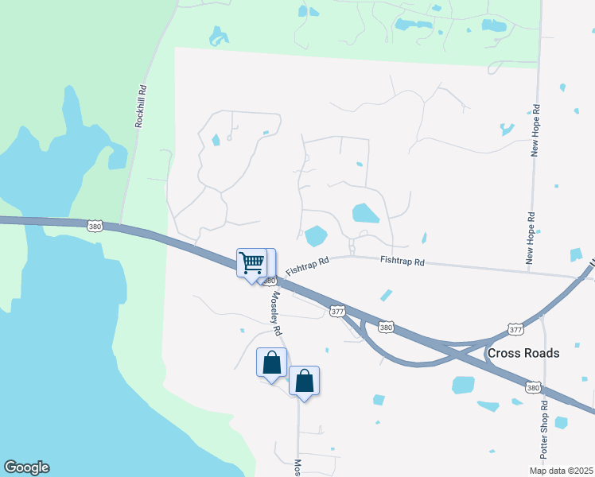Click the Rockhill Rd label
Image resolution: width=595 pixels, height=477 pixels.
pyautogui.click(x=141, y=107)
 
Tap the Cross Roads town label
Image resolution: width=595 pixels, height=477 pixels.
pyautogui.click(x=523, y=353)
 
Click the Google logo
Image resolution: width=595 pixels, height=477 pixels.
pyautogui.click(x=26, y=467)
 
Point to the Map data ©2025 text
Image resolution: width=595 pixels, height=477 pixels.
pyautogui.click(x=560, y=471)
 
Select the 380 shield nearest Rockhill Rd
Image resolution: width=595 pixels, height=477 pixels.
pyautogui.click(x=95, y=226)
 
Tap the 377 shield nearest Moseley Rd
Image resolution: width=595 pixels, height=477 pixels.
pyautogui.click(x=337, y=312)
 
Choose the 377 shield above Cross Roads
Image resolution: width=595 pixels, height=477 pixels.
pyautogui.click(x=515, y=328)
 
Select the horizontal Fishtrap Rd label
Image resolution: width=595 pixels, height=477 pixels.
pyautogui.click(x=402, y=260)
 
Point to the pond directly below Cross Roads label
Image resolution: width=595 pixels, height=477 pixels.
pyautogui.click(x=463, y=385)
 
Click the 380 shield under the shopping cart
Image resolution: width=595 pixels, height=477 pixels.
pyautogui.click(x=270, y=281)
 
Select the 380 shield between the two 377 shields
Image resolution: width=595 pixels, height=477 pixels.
pyautogui.click(x=386, y=327)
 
